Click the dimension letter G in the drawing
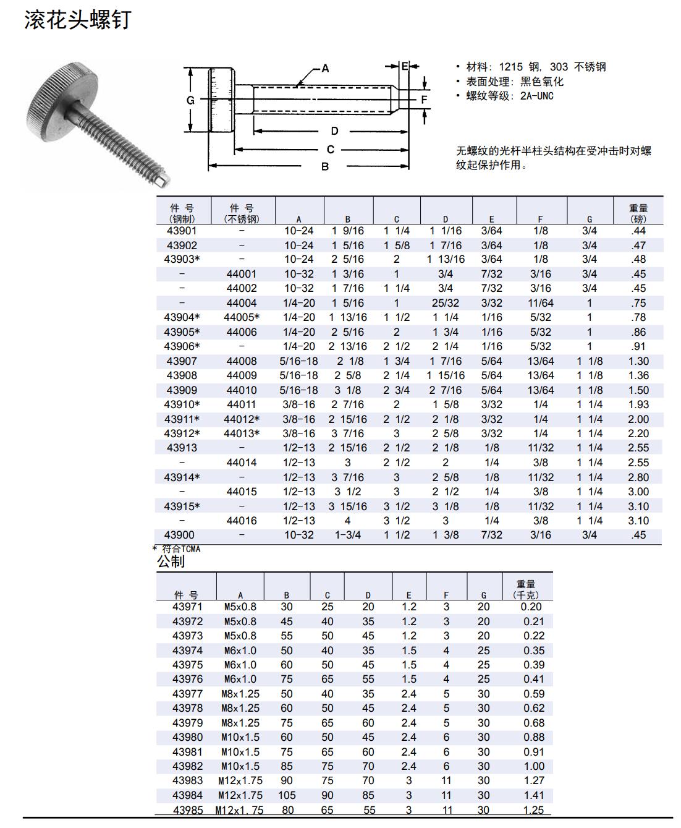pos(190,100)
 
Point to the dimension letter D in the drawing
pos(334,131)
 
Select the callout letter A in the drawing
pos(325,68)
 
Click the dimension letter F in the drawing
pos(424,100)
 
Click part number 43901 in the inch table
pos(182,231)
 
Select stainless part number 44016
pos(241,521)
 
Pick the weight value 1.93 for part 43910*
pos(638,404)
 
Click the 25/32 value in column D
pos(445,303)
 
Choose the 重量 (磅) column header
pos(638,213)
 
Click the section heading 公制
pos(171,561)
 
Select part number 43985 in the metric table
pos(187,810)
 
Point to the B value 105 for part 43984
pos(287,795)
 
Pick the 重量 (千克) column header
pos(526,589)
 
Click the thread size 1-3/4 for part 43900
pos(348,535)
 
